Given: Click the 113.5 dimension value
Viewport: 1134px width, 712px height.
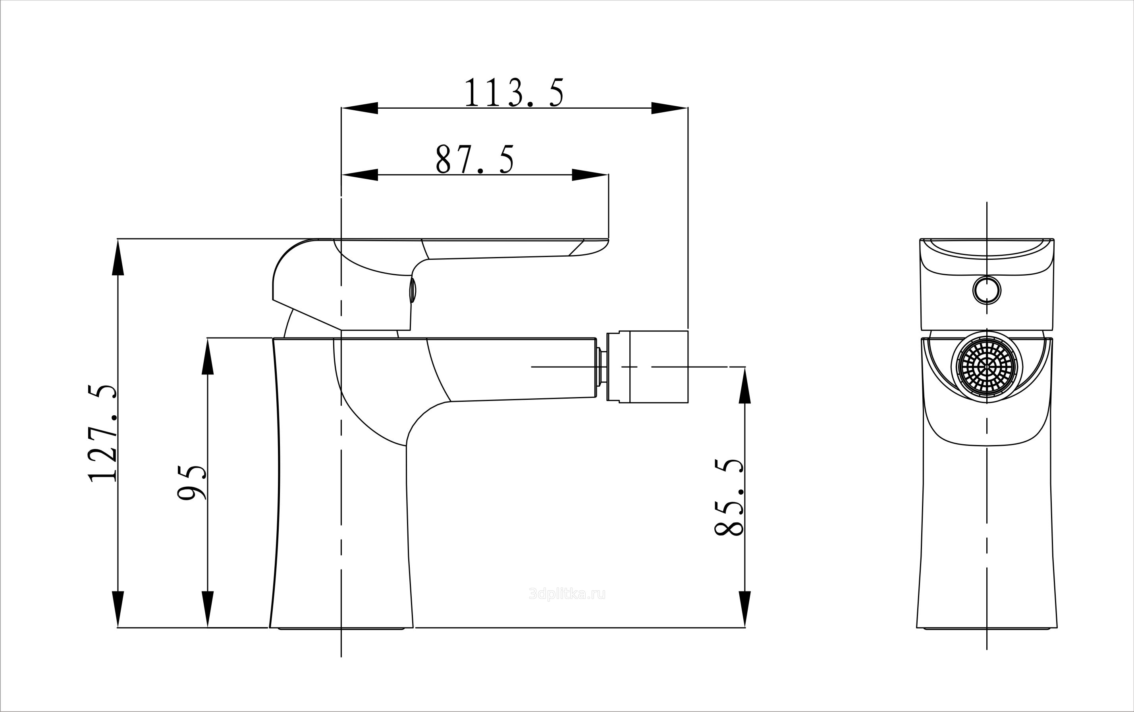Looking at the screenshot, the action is pyautogui.click(x=514, y=93).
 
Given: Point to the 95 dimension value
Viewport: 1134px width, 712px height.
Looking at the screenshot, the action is pyautogui.click(x=192, y=482).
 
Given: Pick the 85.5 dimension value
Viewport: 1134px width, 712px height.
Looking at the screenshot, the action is pyautogui.click(x=729, y=497).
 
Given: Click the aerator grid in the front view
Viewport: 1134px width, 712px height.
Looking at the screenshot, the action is pyautogui.click(x=987, y=366).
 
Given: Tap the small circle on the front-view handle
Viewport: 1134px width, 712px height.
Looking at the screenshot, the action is pyautogui.click(x=987, y=290).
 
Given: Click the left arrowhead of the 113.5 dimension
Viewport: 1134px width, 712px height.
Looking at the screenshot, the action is pyautogui.click(x=360, y=108).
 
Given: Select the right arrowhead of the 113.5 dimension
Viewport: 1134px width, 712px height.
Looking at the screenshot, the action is pyautogui.click(x=669, y=108).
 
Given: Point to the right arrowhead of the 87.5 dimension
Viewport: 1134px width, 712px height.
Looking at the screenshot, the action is pyautogui.click(x=590, y=175).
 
